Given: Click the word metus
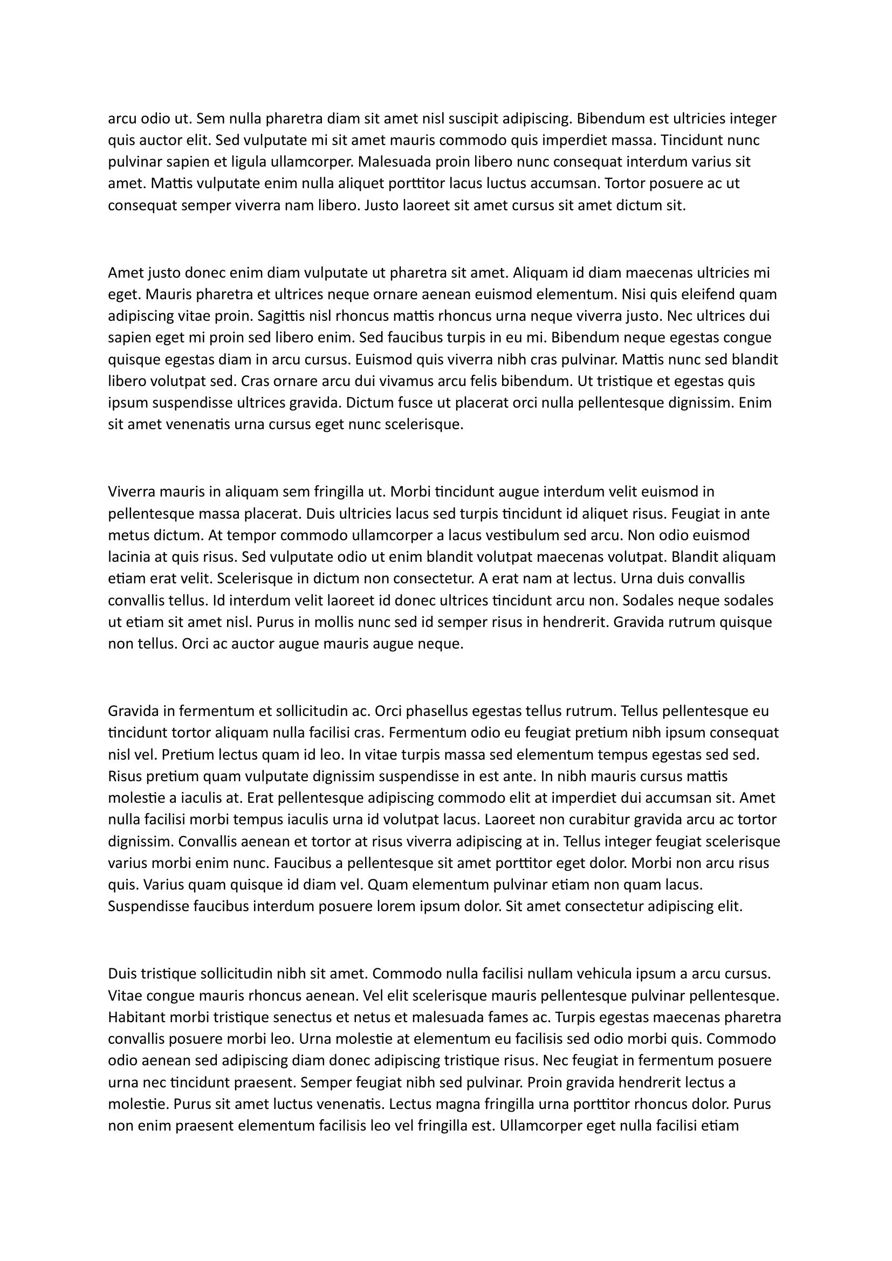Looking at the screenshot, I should point(126,535).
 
